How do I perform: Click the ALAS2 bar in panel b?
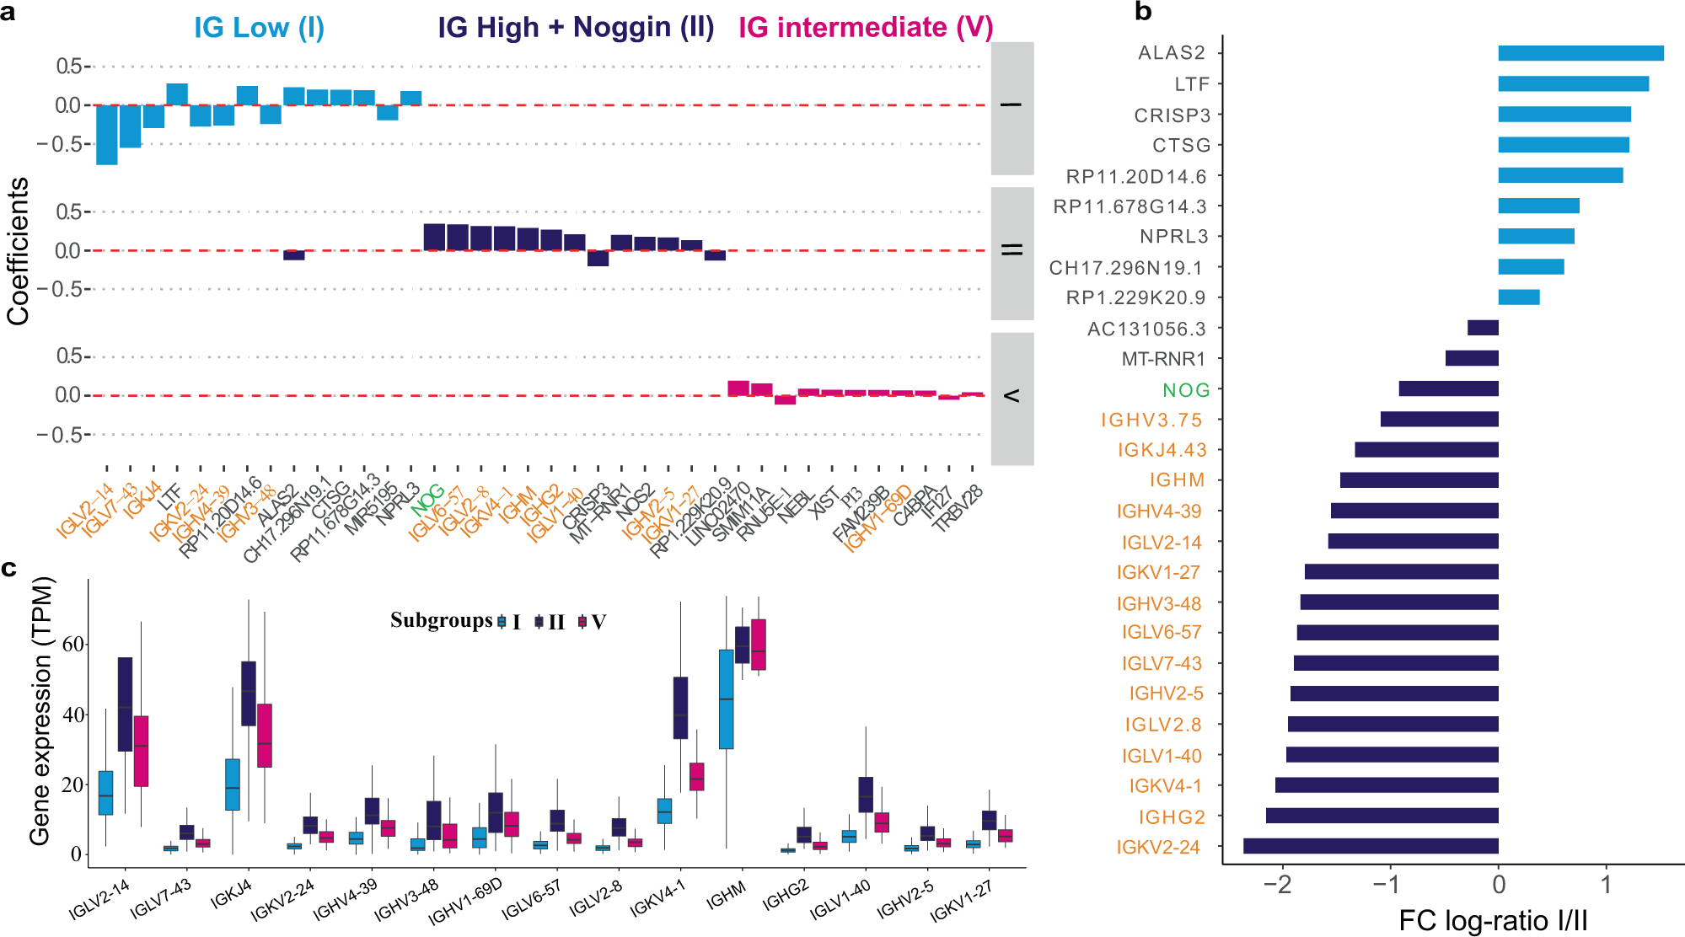coord(1580,53)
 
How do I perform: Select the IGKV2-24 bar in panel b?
coord(1371,846)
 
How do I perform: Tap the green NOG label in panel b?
coord(1186,390)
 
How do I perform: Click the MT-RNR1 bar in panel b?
coord(1472,358)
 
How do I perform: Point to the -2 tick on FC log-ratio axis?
coord(1282,884)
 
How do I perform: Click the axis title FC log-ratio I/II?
coord(1493,920)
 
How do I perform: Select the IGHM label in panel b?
coord(1177,480)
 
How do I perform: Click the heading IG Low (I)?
coord(259,28)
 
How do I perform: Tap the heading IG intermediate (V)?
coord(866,28)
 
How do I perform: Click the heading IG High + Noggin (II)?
coord(576,28)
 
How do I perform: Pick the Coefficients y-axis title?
coord(19,251)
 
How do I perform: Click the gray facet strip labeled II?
coord(1012,252)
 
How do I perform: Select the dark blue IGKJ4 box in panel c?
coord(249,693)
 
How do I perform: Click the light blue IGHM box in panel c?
coord(726,699)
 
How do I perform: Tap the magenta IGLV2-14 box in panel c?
coord(141,751)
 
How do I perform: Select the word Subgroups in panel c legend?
coord(441,621)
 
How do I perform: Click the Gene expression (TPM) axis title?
coord(40,710)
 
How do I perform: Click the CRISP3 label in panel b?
coord(1172,115)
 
